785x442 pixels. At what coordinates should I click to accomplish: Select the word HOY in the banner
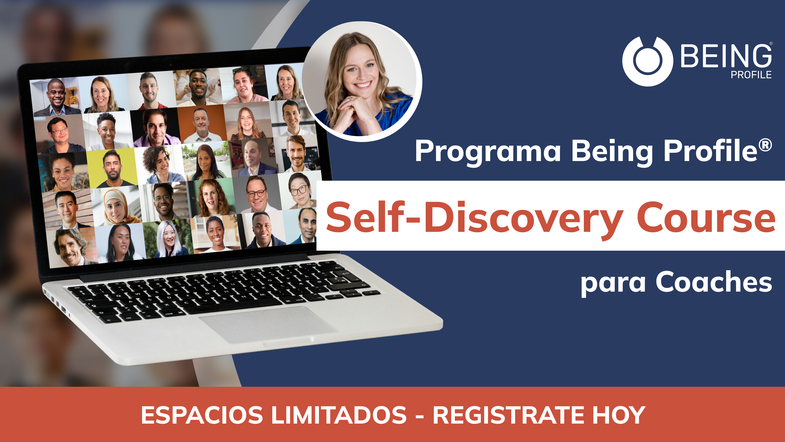(619, 415)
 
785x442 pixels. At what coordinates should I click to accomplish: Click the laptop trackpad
(268, 325)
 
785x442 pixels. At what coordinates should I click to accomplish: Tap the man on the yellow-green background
(112, 168)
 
